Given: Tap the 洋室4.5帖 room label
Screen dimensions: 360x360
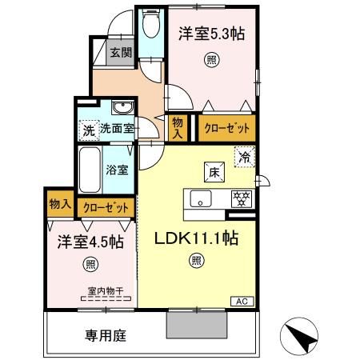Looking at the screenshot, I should click(78, 241).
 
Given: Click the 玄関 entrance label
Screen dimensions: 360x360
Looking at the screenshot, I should click(121, 54).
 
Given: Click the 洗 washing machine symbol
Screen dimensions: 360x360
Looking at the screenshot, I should click(86, 130).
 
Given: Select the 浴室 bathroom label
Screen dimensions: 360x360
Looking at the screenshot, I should click(117, 170).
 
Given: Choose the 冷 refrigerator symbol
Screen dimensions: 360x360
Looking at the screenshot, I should click(244, 157).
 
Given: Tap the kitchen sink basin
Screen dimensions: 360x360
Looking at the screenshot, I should click(201, 199).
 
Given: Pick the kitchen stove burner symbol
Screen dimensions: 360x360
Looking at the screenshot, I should click(238, 198).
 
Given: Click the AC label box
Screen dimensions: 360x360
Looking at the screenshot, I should click(242, 301).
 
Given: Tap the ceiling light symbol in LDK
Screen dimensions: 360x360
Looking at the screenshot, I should click(196, 259).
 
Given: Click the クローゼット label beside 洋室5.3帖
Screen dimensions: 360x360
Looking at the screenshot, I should click(226, 128).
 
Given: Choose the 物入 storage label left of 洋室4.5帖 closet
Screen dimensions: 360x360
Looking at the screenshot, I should click(58, 205).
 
